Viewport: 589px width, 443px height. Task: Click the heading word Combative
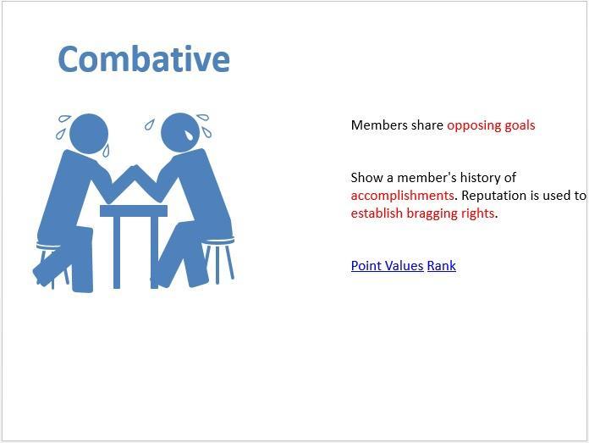tap(144, 59)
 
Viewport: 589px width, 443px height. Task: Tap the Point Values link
tap(387, 266)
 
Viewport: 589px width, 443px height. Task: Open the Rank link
tap(442, 266)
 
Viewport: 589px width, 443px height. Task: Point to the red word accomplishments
tap(402, 196)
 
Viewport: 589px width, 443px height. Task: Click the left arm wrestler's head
tap(89, 134)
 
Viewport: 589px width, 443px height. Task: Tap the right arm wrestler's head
tap(180, 133)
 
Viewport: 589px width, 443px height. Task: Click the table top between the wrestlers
tap(134, 211)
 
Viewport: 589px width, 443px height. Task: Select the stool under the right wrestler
tap(219, 259)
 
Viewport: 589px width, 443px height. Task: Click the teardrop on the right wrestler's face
tap(188, 136)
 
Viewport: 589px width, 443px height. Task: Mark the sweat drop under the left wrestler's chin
tap(106, 151)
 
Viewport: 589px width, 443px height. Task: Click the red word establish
tap(377, 213)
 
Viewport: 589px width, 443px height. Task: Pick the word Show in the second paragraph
tap(366, 178)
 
